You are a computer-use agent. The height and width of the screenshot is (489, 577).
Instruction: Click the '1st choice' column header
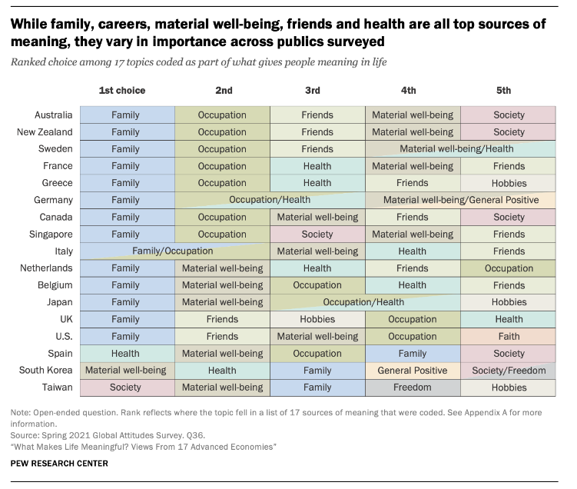(122, 90)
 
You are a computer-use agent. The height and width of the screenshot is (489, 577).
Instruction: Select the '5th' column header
(503, 90)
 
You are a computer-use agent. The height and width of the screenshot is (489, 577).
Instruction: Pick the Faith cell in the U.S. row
(509, 336)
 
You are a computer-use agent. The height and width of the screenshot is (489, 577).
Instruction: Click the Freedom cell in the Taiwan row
(413, 388)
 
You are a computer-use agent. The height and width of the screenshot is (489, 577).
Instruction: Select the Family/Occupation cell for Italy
(173, 251)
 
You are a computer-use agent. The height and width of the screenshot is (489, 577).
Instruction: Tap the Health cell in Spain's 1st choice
(126, 353)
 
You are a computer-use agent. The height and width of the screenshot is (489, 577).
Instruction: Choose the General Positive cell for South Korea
(413, 370)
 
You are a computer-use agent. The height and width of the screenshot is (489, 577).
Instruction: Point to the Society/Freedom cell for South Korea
(509, 370)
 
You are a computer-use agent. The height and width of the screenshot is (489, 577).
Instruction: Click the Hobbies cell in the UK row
(317, 319)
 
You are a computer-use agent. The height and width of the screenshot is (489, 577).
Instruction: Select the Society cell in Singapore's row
(317, 234)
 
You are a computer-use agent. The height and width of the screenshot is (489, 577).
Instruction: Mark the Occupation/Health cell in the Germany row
(270, 200)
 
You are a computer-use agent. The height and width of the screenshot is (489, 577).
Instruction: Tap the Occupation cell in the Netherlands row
(509, 268)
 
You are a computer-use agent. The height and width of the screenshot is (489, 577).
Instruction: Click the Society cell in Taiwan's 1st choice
(126, 388)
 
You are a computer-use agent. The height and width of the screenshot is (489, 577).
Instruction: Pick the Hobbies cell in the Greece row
(509, 183)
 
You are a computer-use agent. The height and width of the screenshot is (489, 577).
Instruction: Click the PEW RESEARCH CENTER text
(59, 463)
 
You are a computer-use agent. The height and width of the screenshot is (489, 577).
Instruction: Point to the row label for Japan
(59, 302)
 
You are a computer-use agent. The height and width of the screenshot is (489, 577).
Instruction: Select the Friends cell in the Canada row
(413, 217)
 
